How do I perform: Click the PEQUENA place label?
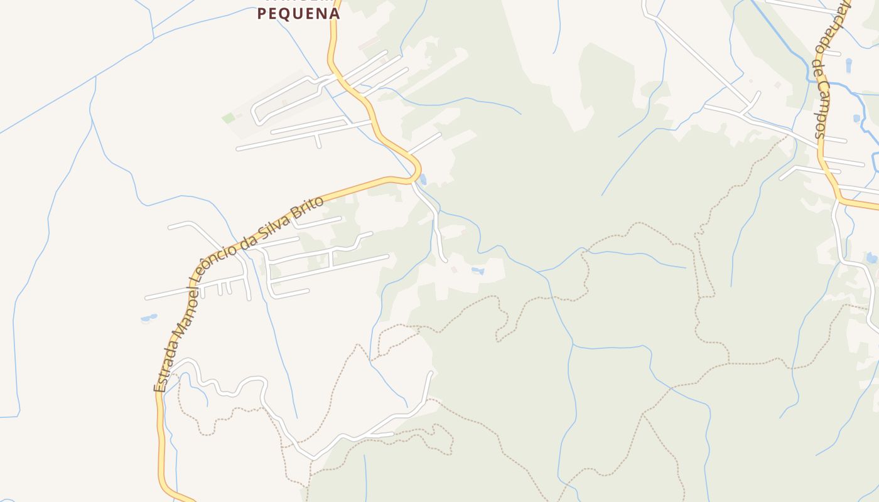click(x=298, y=13)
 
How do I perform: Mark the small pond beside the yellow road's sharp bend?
click(x=423, y=180)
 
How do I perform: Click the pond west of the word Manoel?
click(x=149, y=318)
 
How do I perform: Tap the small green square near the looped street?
click(x=229, y=118)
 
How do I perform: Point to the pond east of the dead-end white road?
click(x=478, y=271)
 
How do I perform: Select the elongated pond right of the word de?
click(x=849, y=65)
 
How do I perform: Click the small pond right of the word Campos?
click(x=856, y=118)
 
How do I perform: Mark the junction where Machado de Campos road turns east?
click(x=839, y=200)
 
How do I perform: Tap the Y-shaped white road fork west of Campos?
click(x=747, y=107)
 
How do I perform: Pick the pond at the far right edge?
click(x=871, y=258)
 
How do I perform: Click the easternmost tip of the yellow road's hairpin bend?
click(x=419, y=171)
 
